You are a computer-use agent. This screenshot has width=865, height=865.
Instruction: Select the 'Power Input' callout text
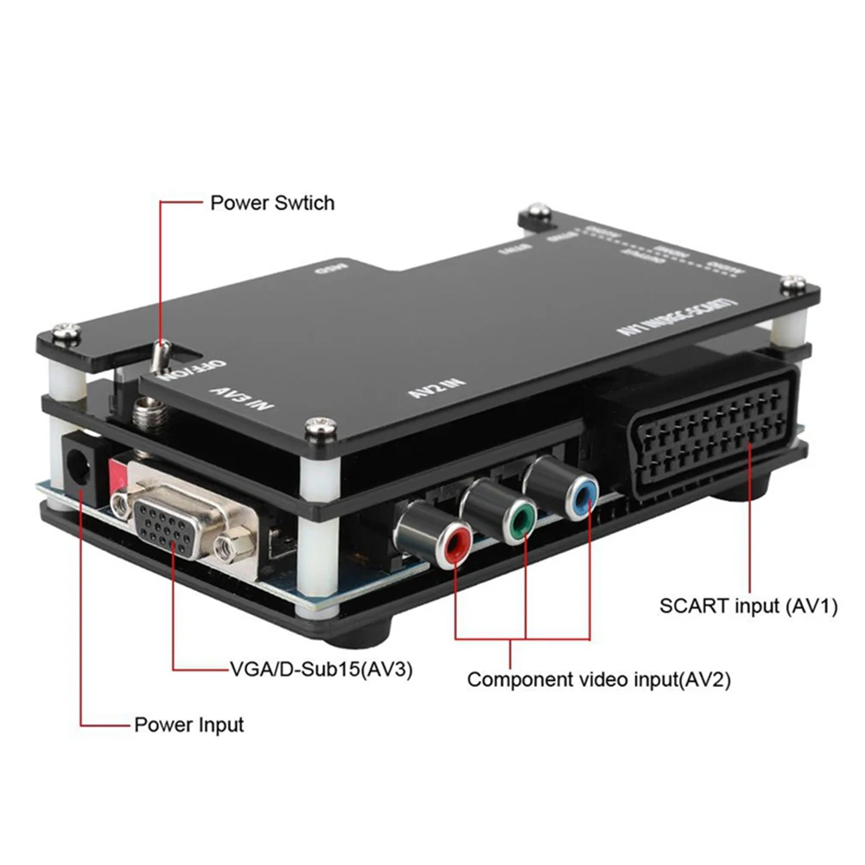188,724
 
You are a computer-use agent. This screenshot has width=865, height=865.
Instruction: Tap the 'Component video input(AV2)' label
599,679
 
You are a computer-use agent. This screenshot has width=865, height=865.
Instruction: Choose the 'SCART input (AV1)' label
748,606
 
